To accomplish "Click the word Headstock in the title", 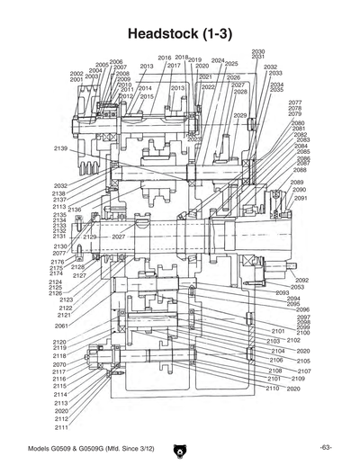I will click(x=166, y=32).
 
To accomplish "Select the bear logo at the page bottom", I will click(x=180, y=446).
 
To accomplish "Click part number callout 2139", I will click(x=60, y=148).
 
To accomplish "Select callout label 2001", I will click(x=76, y=80).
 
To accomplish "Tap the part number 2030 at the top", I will click(x=258, y=52).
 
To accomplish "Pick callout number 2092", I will click(x=301, y=280).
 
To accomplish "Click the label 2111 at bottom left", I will click(x=60, y=427).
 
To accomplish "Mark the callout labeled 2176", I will click(x=56, y=262).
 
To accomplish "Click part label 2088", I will click(x=300, y=170).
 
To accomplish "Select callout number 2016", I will click(x=164, y=58).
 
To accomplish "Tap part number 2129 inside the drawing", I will click(x=90, y=237).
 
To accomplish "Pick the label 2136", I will click(x=75, y=210).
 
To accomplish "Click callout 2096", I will click(x=302, y=309).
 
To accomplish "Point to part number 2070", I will click(x=60, y=364).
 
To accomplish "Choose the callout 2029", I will click(x=239, y=116).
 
